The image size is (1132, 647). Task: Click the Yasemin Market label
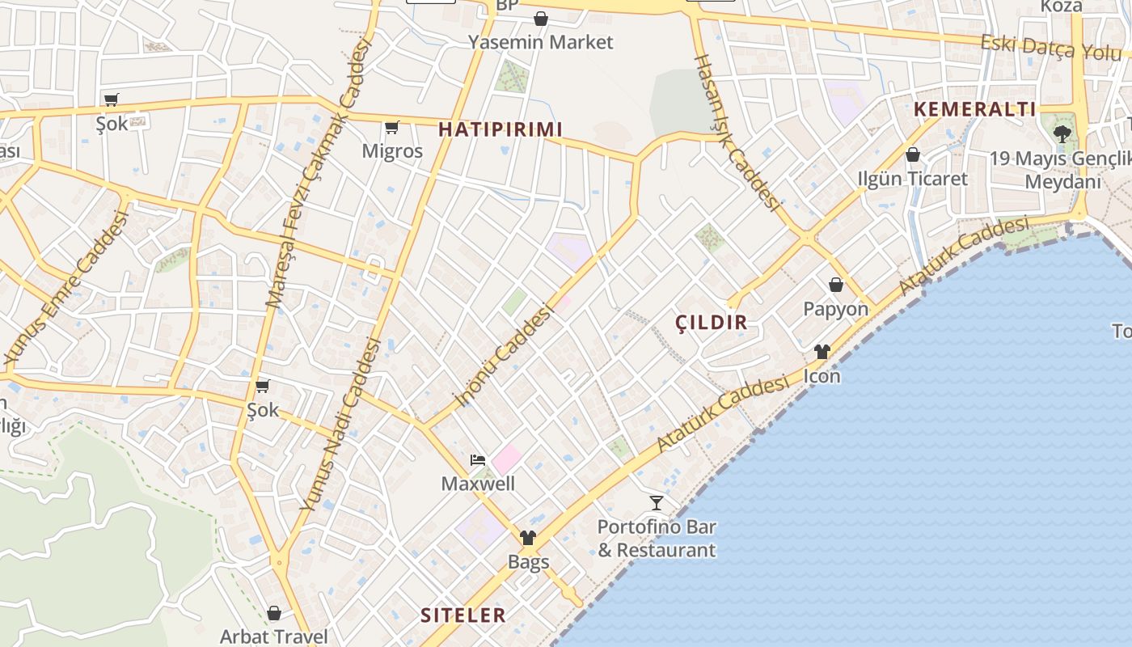[541, 42]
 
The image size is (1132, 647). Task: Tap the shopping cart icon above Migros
[392, 127]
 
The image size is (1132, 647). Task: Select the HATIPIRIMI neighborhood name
[500, 129]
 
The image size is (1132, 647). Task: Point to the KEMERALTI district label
[974, 109]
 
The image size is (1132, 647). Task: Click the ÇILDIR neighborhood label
[712, 323]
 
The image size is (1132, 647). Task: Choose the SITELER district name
[463, 615]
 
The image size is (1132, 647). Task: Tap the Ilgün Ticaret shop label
[912, 179]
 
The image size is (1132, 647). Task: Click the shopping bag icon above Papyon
[836, 285]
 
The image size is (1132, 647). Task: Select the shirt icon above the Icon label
[822, 352]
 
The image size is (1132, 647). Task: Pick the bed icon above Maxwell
[478, 461]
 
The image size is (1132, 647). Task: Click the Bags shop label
[528, 561]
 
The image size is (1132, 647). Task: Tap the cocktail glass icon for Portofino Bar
[657, 503]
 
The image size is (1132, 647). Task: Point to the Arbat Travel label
[274, 636]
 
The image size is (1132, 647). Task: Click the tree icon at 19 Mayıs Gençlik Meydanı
[1062, 133]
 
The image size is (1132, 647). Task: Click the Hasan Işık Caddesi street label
[736, 131]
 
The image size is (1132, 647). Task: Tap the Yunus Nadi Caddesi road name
[340, 424]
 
